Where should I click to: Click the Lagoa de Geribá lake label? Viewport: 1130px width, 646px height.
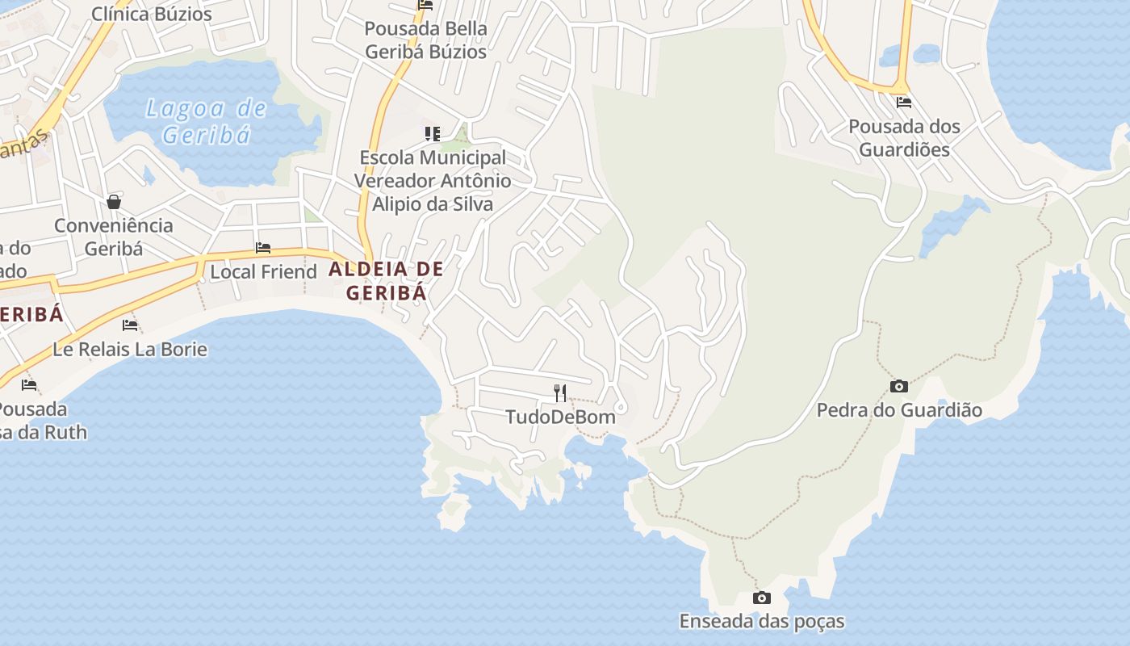point(206,121)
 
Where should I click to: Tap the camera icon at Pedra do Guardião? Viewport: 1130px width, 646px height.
point(898,387)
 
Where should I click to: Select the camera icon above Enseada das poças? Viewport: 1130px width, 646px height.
point(761,598)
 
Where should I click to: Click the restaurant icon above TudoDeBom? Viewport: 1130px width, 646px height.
point(560,393)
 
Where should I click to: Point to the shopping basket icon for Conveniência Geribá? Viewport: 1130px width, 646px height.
point(114,201)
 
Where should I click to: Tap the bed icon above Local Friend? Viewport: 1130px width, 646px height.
point(263,248)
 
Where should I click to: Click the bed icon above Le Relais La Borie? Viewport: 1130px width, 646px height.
point(130,325)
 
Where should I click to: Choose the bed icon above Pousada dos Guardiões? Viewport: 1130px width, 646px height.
point(904,103)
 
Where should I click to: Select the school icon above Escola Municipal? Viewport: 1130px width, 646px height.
point(433,133)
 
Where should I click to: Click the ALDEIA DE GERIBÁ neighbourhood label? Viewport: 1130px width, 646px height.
point(387,281)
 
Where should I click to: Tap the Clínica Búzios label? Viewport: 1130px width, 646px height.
point(152,14)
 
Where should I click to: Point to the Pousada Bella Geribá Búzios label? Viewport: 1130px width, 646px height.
point(426,40)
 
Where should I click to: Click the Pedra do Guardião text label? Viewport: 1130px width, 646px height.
point(899,410)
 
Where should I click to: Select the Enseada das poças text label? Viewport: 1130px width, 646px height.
point(761,622)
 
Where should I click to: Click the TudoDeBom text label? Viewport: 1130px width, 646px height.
point(560,417)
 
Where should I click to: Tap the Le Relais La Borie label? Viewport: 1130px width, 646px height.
point(130,350)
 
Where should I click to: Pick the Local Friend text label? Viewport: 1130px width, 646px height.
point(263,272)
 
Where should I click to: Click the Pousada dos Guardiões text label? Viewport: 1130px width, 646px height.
point(904,138)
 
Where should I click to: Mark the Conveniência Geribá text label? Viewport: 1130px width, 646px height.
point(114,237)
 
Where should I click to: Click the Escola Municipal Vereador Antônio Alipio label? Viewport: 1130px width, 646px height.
point(433,181)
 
